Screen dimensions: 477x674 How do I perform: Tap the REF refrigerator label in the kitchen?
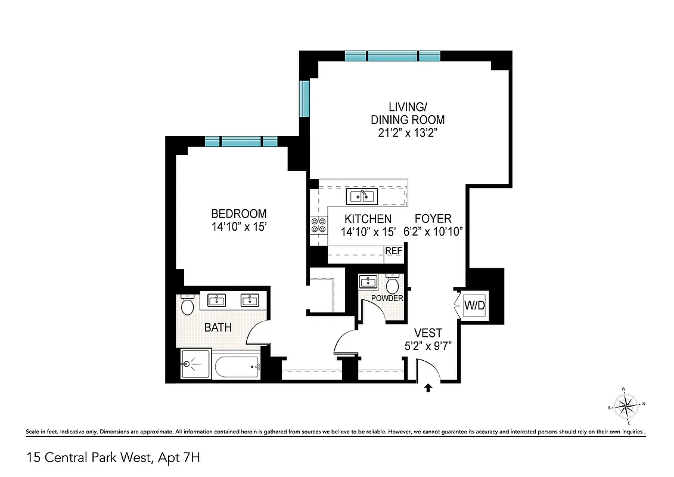(x=393, y=251)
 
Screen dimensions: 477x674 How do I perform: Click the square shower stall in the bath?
(x=195, y=364)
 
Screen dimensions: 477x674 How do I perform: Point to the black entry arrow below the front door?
(x=428, y=388)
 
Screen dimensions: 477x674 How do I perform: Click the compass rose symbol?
(x=625, y=407)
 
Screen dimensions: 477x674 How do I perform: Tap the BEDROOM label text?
(x=238, y=214)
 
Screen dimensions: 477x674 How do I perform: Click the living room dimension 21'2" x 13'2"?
(x=408, y=134)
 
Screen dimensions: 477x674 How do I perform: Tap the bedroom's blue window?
(x=241, y=141)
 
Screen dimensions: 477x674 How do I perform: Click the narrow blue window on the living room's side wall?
(x=305, y=99)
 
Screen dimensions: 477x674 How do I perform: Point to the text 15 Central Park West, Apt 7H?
(x=117, y=458)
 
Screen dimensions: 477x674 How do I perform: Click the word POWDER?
(x=387, y=298)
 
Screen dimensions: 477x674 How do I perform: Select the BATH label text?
(x=218, y=327)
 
